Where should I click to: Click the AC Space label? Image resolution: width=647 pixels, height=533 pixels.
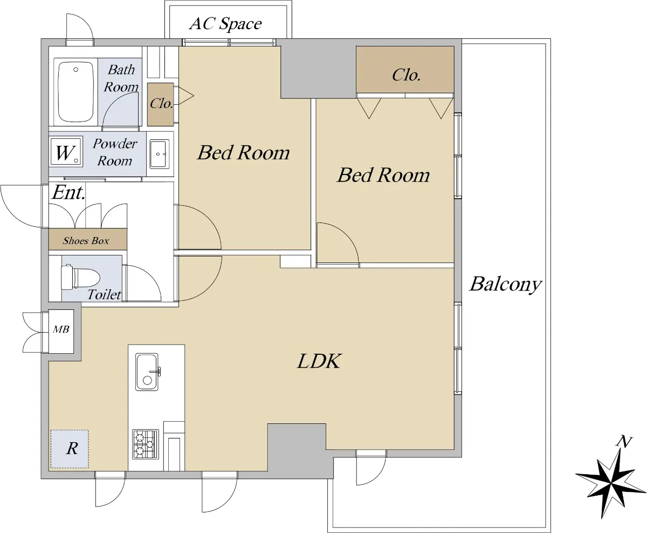tap(225, 24)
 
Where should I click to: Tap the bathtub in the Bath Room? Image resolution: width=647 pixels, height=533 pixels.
tap(76, 92)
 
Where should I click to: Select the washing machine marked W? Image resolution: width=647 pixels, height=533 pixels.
tap(66, 152)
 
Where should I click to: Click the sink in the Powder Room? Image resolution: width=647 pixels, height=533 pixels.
tap(160, 154)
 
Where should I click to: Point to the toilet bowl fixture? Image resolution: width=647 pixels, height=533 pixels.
tap(80, 277)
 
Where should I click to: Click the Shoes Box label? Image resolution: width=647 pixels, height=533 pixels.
tap(86, 240)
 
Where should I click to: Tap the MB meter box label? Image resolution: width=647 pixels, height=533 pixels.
tap(61, 329)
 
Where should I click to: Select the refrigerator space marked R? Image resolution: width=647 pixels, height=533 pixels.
tap(70, 449)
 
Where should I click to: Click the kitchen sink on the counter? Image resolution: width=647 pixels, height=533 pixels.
tap(147, 372)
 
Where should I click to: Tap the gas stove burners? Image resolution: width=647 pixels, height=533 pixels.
tap(146, 444)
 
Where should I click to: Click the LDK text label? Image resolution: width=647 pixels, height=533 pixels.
tap(319, 361)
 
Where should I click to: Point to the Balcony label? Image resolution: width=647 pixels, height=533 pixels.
tap(506, 285)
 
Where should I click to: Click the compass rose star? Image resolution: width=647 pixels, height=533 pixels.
tap(611, 484)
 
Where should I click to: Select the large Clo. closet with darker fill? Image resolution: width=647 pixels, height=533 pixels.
tap(405, 70)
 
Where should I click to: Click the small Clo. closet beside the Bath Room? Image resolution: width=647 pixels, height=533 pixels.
tap(161, 104)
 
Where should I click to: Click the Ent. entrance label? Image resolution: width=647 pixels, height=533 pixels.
tap(68, 193)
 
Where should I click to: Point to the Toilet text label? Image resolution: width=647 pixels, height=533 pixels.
tap(104, 295)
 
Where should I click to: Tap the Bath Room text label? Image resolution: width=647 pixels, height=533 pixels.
tap(121, 78)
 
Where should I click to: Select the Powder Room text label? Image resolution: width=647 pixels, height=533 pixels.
tap(115, 152)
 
